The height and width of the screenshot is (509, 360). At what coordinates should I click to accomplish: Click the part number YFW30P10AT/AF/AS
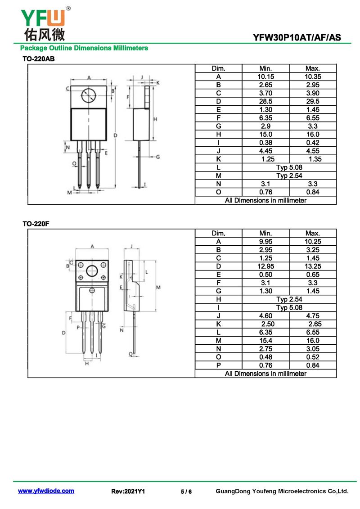[297, 38]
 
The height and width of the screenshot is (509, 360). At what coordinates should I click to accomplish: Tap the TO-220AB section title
[38, 59]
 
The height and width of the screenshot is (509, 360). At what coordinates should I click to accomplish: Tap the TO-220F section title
[36, 224]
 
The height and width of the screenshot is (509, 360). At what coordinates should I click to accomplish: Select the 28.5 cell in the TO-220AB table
[265, 101]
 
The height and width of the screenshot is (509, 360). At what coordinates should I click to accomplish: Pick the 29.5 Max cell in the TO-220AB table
[313, 101]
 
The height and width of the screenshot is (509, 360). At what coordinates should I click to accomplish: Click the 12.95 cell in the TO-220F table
[265, 266]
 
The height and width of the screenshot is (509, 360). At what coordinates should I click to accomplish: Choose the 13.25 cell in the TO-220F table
[313, 266]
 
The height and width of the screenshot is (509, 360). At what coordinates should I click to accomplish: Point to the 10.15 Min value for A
[265, 77]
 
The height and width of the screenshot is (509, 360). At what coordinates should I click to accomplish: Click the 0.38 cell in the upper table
[265, 143]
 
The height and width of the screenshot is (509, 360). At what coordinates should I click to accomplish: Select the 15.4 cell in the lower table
[265, 341]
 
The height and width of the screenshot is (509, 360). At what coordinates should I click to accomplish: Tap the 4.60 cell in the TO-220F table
[265, 316]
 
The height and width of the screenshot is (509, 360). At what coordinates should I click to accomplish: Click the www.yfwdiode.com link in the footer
[46, 491]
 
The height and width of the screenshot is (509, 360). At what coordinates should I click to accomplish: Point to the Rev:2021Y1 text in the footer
[128, 491]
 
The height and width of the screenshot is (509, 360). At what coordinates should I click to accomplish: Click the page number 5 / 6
[186, 491]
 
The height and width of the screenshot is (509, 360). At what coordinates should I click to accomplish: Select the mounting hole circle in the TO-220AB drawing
[89, 95]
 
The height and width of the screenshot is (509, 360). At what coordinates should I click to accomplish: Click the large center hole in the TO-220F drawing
[92, 271]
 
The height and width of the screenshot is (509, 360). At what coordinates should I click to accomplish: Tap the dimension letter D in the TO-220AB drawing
[116, 135]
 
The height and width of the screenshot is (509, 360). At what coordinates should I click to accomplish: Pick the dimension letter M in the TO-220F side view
[158, 287]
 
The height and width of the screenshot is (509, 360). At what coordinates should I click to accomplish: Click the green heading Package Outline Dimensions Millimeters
[84, 48]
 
